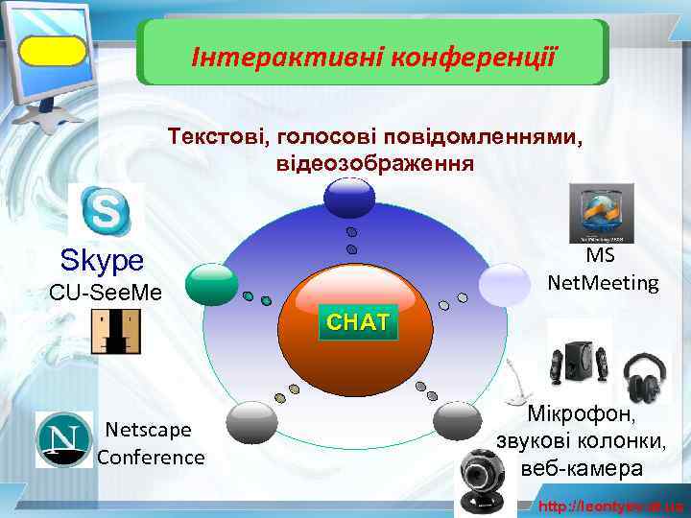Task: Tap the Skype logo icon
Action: [106, 210]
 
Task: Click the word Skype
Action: [102, 260]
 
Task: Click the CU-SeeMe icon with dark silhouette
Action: [115, 332]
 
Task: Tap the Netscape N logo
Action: [63, 439]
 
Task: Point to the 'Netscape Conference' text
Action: [151, 443]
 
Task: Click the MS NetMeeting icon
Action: [601, 213]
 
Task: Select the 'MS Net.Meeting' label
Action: [603, 271]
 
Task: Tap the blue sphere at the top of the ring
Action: [350, 198]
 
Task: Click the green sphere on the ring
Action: [211, 284]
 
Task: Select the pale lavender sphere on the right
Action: [504, 283]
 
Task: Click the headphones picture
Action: [645, 379]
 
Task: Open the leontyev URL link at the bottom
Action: [610, 506]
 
